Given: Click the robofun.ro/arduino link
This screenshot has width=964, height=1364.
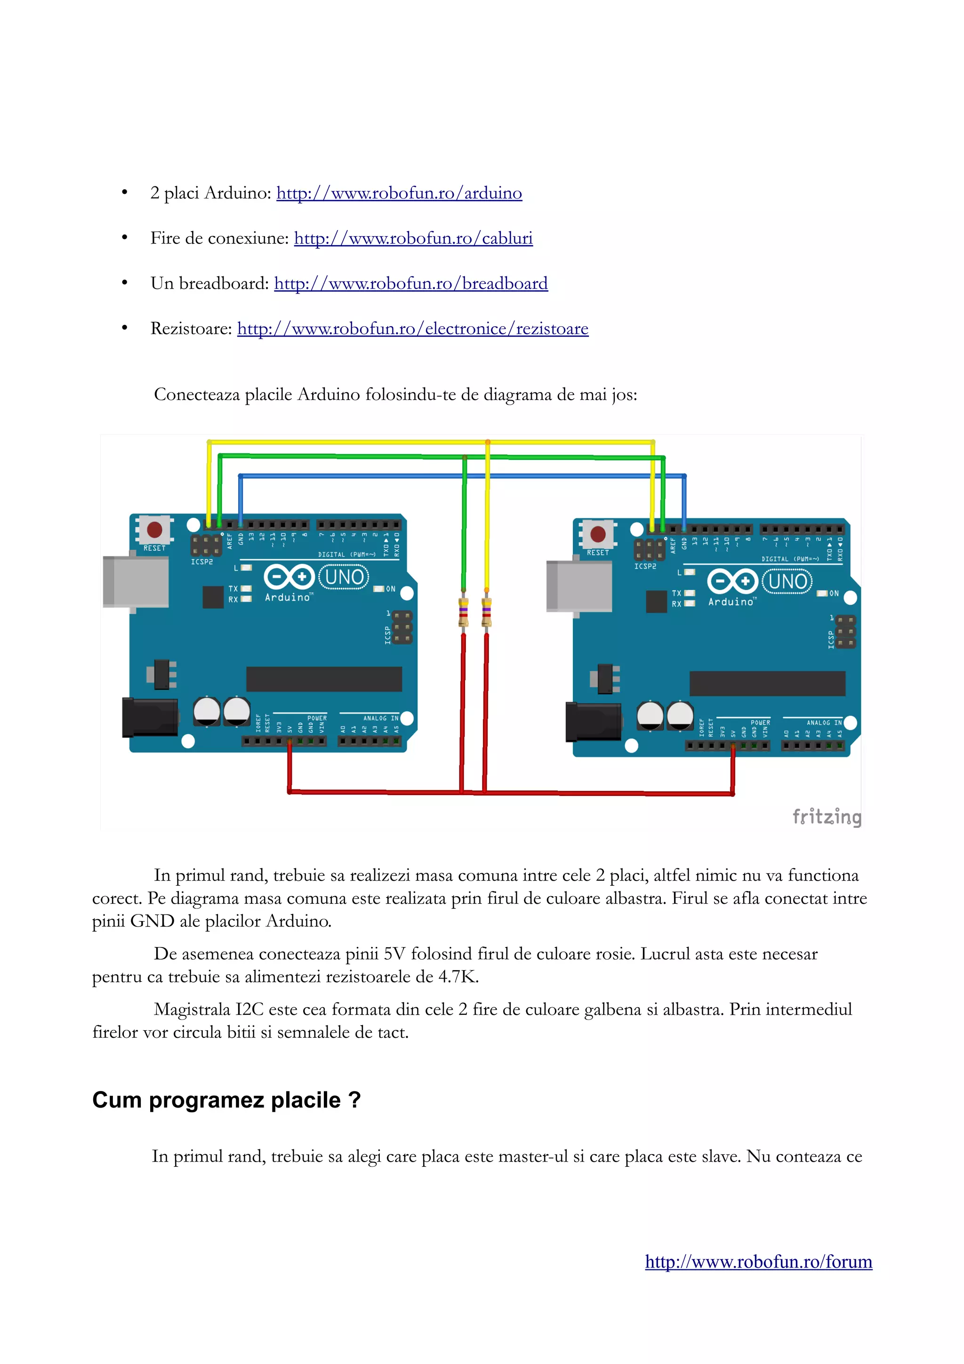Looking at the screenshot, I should [x=399, y=193].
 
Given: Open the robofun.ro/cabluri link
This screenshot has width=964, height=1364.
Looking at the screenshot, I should [x=413, y=238].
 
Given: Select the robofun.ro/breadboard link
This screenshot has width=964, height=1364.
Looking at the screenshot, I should [x=411, y=283].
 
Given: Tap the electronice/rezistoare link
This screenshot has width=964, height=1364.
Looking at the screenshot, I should [x=413, y=329].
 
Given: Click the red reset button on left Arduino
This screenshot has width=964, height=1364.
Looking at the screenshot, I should [x=155, y=530].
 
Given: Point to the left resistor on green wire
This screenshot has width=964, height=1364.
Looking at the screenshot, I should [x=463, y=612].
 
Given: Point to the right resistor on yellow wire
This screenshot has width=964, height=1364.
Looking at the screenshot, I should [x=486, y=612].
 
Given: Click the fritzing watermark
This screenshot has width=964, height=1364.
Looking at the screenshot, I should [x=827, y=816].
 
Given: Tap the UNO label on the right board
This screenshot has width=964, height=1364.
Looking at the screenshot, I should [x=787, y=581].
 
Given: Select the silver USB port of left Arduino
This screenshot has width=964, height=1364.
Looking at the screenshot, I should [x=136, y=582].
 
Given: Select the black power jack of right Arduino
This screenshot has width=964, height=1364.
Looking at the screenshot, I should [x=593, y=722].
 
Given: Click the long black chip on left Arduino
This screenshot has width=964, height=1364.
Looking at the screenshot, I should [x=324, y=678].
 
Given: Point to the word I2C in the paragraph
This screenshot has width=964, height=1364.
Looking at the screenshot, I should [x=249, y=1009].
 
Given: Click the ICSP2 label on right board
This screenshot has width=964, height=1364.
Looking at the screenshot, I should [x=645, y=566].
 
